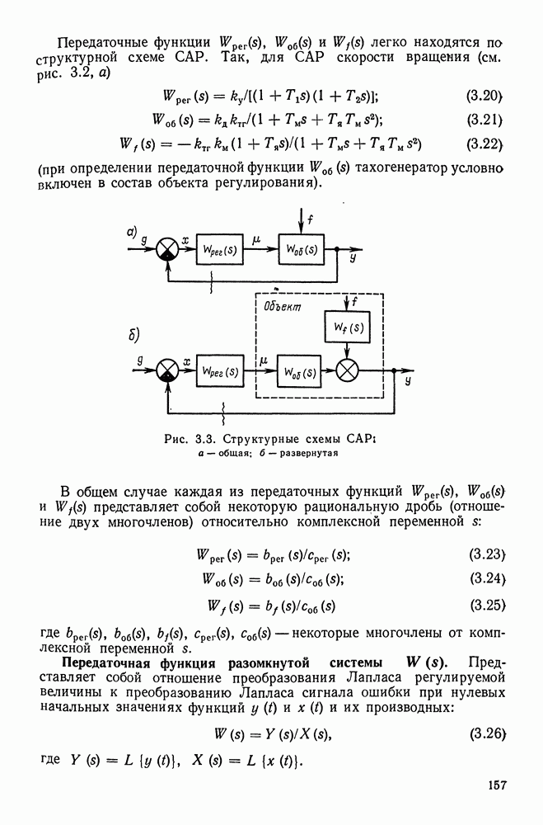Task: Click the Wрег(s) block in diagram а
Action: coord(221,249)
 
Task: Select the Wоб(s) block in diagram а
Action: coord(302,249)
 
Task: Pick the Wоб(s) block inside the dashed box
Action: coord(302,371)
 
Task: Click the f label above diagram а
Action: coord(310,220)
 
